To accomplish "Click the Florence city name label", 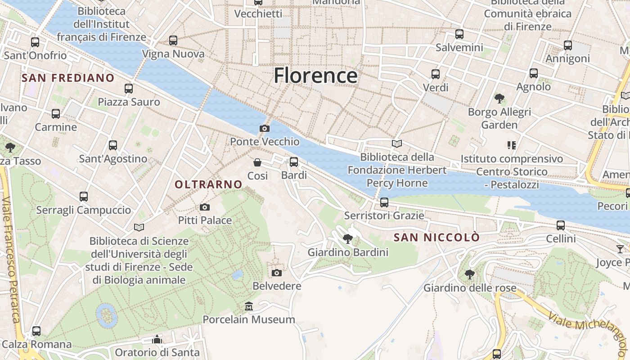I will click(315, 75).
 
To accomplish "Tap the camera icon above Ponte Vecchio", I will click(265, 129).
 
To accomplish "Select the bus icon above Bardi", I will click(294, 162).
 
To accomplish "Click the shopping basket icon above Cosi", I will click(257, 162).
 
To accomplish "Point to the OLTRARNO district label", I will click(208, 184).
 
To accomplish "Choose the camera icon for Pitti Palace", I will click(205, 207).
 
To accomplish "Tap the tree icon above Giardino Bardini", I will click(347, 239).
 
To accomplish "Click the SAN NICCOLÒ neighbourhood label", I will click(436, 238).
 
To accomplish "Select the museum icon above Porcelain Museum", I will click(248, 306).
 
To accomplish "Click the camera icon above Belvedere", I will click(277, 273).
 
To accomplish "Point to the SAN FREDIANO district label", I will click(68, 78).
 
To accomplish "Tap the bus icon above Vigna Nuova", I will click(173, 40).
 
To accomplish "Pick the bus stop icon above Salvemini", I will click(459, 34).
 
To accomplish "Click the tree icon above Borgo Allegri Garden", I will click(499, 98).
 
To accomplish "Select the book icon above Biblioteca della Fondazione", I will click(396, 144).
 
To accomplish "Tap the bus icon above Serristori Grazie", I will click(384, 202).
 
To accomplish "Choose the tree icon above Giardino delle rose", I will click(469, 274).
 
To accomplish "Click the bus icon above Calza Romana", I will click(36, 331).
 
